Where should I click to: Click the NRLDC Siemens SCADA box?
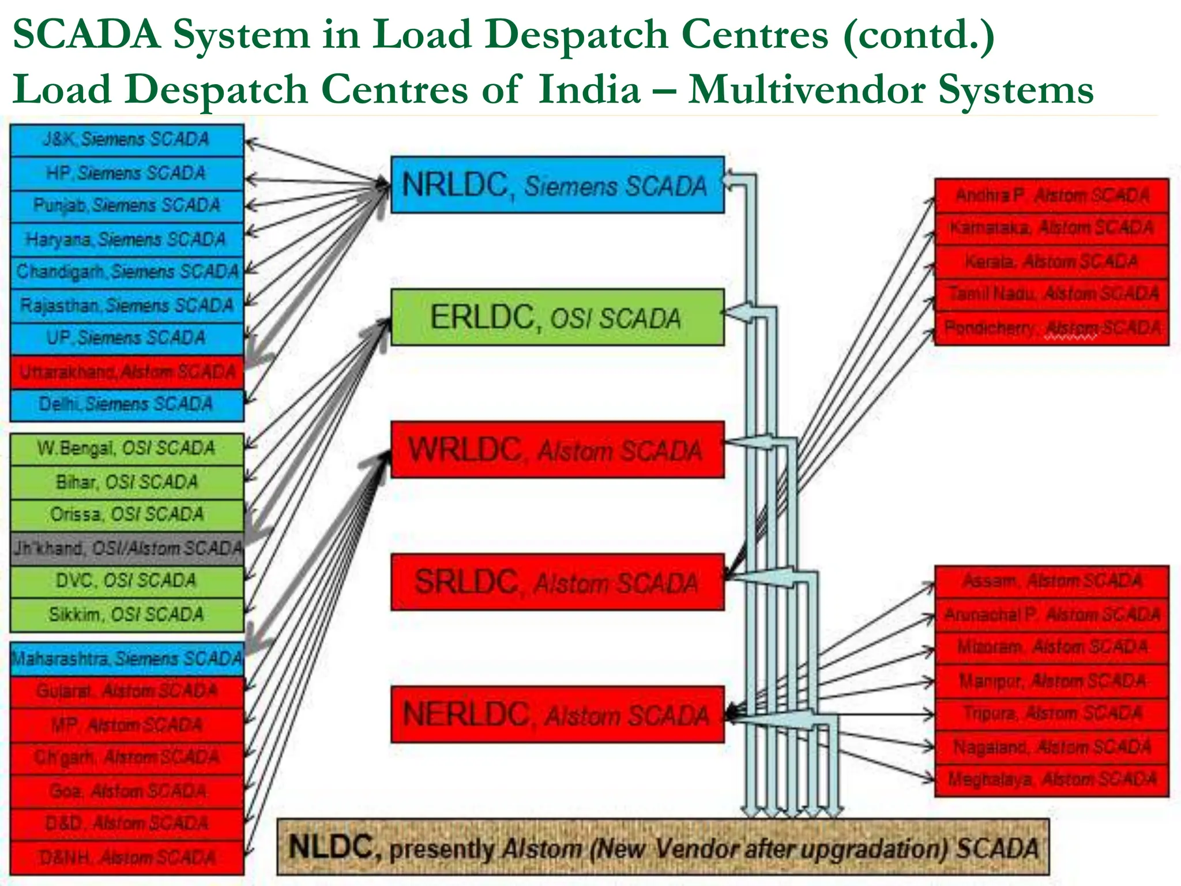(x=557, y=185)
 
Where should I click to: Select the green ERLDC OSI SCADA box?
(x=557, y=317)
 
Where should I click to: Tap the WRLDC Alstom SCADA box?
(x=557, y=450)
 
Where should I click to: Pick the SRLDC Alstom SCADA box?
(x=557, y=581)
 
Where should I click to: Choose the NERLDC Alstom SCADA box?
(x=557, y=714)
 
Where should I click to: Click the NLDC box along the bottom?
(x=663, y=847)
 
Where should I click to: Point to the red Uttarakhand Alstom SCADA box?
(x=127, y=372)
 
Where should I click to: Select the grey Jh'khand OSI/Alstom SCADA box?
(x=127, y=548)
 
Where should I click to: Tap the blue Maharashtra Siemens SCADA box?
(x=127, y=659)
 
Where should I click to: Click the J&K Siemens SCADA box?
(x=127, y=140)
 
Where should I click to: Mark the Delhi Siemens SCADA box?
(x=127, y=404)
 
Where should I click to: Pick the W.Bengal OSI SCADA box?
(x=127, y=449)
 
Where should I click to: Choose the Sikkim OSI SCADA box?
(x=127, y=614)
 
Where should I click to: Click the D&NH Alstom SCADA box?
(x=127, y=858)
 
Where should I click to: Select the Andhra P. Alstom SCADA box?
(x=1052, y=196)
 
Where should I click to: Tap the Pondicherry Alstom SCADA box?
(x=1052, y=328)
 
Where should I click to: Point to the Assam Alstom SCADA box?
(x=1052, y=581)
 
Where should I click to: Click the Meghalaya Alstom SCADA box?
(x=1052, y=780)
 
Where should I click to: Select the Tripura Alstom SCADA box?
(x=1052, y=714)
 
